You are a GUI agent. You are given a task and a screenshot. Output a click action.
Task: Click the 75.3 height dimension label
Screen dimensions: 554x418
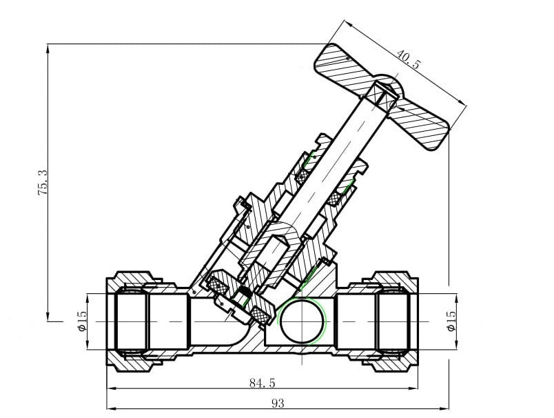coord(43,183)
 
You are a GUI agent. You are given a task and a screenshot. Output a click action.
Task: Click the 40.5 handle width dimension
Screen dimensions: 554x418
coord(409,59)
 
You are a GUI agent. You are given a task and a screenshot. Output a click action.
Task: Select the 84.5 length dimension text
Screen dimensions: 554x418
coord(262,383)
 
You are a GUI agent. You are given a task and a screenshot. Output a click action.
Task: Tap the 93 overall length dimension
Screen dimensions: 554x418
coord(278,403)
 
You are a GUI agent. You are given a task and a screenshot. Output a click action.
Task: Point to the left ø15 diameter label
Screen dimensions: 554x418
coord(81,321)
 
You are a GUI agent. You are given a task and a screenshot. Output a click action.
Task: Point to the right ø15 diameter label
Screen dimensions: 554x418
coord(451,321)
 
